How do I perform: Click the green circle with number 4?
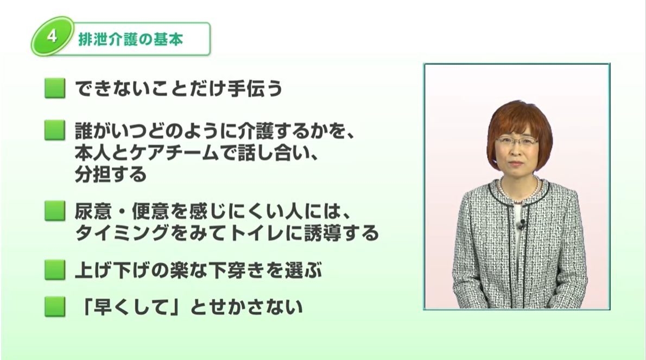[52, 36]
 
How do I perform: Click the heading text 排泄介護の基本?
[131, 40]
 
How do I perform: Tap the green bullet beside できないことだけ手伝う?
[55, 88]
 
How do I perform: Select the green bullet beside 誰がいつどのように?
[55, 130]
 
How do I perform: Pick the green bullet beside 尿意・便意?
[55, 211]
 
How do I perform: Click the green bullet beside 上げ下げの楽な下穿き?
[55, 270]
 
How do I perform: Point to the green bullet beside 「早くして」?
[55, 306]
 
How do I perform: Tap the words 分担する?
[111, 174]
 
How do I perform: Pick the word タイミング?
[122, 233]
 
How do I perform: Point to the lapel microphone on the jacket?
[522, 224]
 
